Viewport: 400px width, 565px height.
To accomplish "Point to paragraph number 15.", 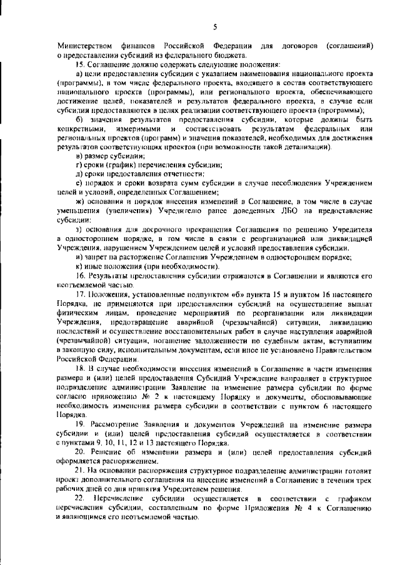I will [x=79, y=65].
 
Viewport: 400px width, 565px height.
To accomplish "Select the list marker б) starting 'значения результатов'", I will [x=79, y=119].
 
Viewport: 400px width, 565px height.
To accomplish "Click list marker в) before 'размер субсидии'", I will [x=78, y=155].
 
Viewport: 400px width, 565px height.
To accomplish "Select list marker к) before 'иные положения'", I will [x=78, y=265].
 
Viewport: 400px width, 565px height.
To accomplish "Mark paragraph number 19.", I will [x=79, y=425].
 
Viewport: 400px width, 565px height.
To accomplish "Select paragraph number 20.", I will [x=79, y=451].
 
